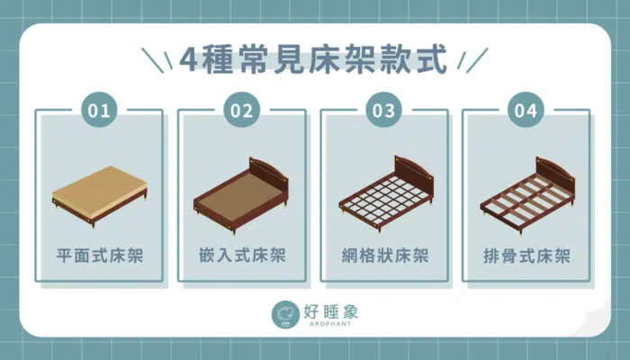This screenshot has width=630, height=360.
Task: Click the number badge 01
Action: tap(99, 110)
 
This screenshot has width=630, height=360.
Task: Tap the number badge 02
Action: tap(242, 110)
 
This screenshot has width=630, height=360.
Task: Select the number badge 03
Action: tap(384, 110)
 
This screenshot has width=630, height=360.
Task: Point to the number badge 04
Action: tap(526, 110)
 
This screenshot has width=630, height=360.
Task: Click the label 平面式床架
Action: tap(100, 256)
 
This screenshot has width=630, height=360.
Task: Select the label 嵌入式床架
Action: tap(242, 256)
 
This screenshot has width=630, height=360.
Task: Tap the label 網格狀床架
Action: tap(385, 256)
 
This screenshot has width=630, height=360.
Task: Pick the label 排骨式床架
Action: tap(526, 256)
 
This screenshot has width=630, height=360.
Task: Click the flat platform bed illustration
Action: tap(100, 196)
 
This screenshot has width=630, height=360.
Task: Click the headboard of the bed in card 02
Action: tap(269, 172)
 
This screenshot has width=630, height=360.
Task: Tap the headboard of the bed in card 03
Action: tap(414, 171)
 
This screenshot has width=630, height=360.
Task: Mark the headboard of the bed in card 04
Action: tap(555, 173)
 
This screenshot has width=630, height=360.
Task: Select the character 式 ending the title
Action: tap(432, 59)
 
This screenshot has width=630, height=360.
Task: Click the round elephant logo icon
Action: tap(285, 315)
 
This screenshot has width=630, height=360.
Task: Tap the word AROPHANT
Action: tap(330, 323)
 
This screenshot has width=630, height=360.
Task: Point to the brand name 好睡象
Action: tap(330, 311)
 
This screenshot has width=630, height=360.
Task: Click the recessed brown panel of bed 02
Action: tap(237, 192)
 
